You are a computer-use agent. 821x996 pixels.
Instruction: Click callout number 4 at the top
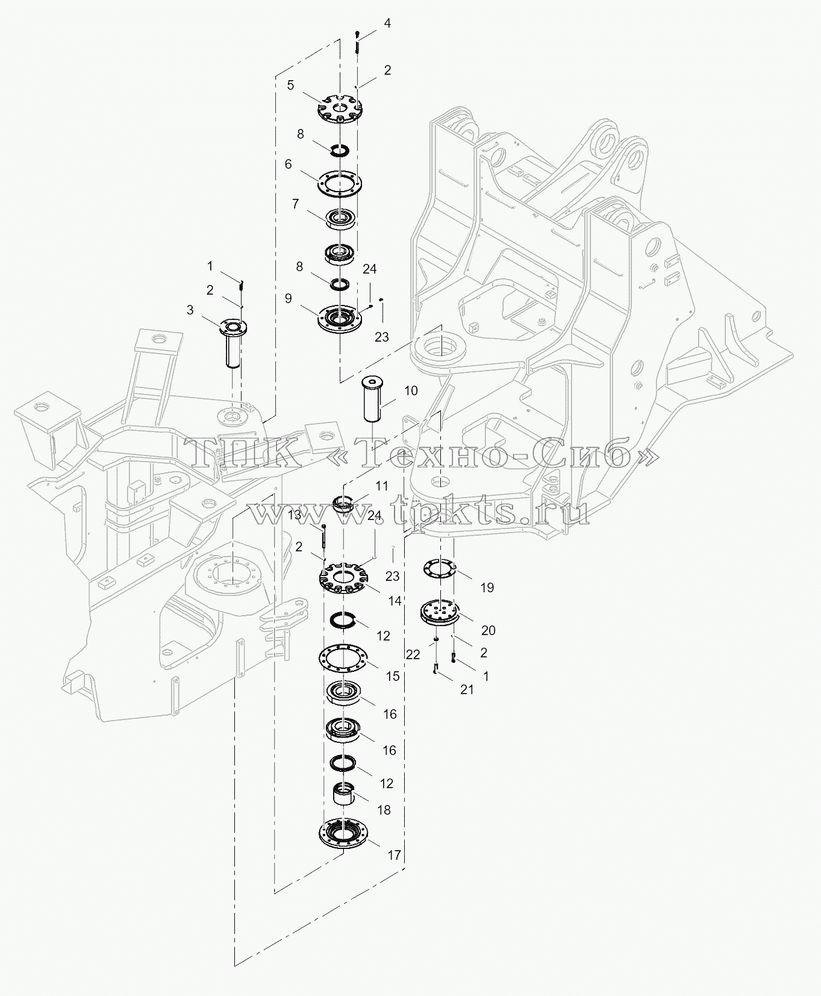387,23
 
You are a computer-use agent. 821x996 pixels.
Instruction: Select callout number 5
290,85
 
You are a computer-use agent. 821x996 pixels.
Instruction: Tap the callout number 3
190,310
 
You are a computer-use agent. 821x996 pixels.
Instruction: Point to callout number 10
410,391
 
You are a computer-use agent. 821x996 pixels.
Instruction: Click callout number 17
394,855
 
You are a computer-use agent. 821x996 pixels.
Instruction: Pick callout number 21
467,690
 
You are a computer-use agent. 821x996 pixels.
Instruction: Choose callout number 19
487,587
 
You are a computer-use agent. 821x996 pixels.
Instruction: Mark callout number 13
295,515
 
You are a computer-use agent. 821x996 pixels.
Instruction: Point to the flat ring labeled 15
343,657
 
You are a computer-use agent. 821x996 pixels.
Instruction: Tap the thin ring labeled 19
440,568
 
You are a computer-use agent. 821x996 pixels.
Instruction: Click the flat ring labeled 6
340,183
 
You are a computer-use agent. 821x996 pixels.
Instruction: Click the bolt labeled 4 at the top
357,42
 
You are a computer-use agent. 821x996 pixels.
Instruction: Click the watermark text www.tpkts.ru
417,513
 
